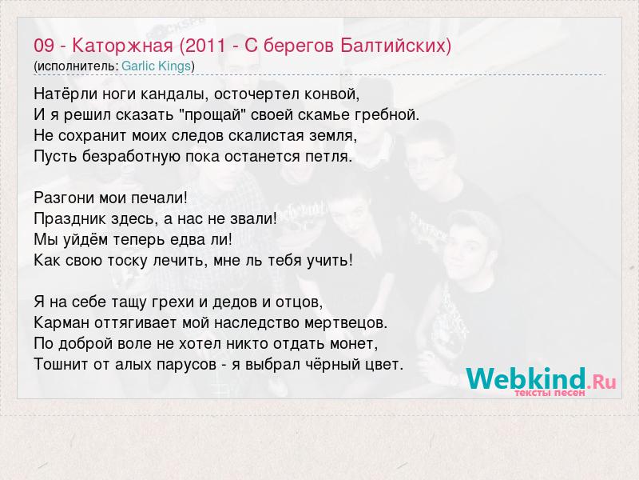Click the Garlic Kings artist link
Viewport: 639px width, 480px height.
click(156, 66)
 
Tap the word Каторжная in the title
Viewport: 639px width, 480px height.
click(123, 46)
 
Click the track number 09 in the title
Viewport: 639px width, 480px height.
click(44, 46)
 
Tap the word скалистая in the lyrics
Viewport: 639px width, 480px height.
click(266, 135)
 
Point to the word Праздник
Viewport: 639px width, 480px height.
click(62, 218)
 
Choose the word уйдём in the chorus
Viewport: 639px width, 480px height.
click(85, 239)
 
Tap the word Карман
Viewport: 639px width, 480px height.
click(62, 322)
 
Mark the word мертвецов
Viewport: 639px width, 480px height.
click(346, 322)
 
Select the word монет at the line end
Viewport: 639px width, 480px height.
click(354, 343)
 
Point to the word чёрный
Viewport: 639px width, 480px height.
click(321, 364)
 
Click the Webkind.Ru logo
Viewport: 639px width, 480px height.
click(541, 379)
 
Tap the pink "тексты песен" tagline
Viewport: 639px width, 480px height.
click(550, 393)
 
